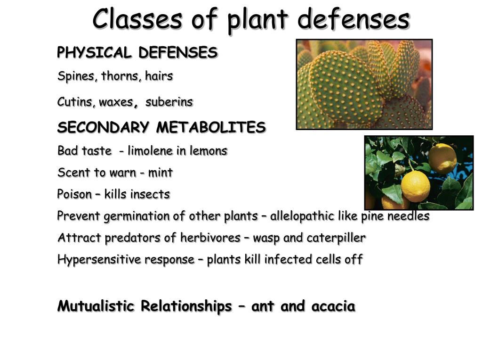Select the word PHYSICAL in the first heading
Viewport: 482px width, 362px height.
click(x=94, y=53)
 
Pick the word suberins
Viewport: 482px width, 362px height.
click(x=169, y=102)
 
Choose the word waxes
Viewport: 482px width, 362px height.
click(x=116, y=102)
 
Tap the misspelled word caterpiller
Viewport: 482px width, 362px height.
click(x=336, y=238)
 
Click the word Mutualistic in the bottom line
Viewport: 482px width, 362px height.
click(x=96, y=306)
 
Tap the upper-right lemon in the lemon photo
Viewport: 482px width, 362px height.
click(x=442, y=158)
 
